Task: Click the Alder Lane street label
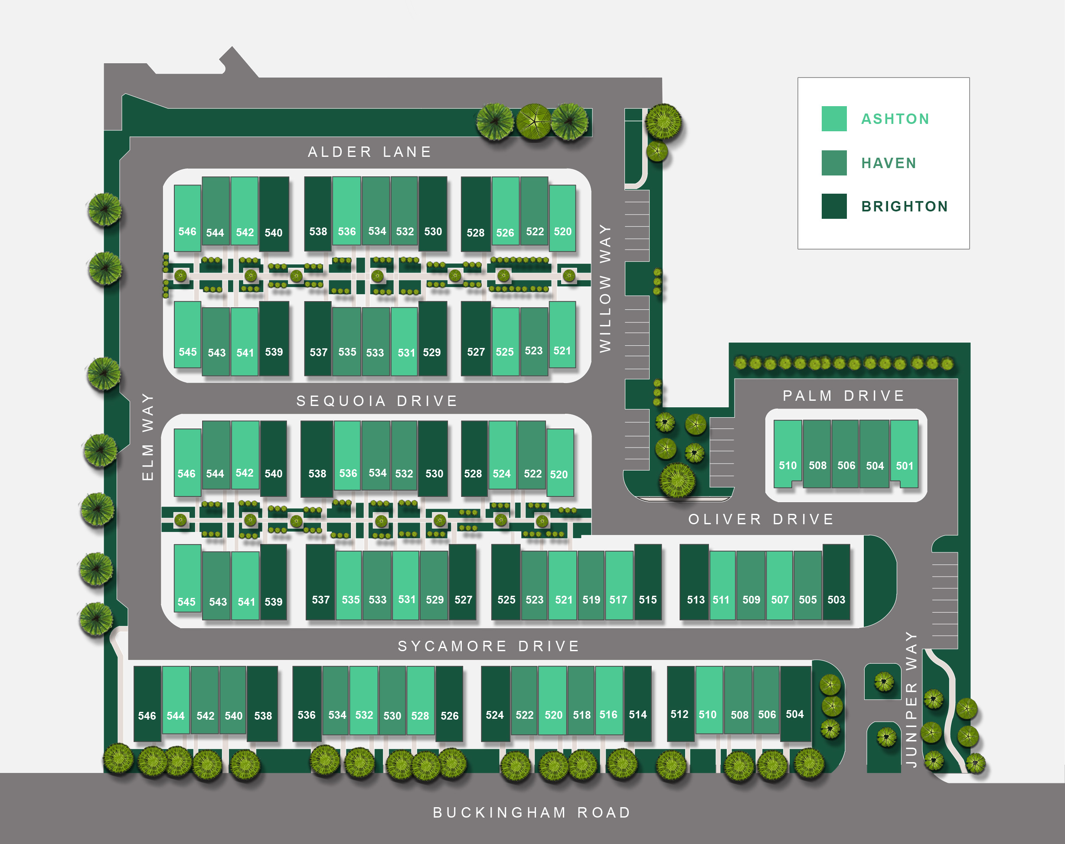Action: tap(369, 152)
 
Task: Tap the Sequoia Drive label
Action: tap(377, 401)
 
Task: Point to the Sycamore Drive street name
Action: tap(489, 646)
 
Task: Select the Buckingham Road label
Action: tap(532, 812)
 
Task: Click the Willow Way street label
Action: tap(605, 288)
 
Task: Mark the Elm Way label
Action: tap(148, 436)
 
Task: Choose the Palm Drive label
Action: tap(844, 396)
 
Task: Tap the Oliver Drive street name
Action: tap(761, 519)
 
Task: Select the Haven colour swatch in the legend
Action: tap(834, 163)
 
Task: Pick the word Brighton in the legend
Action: tap(905, 206)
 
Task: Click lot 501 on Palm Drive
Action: tap(905, 465)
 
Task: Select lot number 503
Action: tap(836, 600)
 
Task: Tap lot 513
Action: tap(696, 600)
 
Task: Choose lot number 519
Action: tap(591, 600)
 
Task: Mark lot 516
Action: tap(608, 715)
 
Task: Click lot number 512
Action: tap(680, 714)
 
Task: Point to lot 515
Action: tap(647, 600)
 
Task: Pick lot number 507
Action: tap(780, 600)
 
